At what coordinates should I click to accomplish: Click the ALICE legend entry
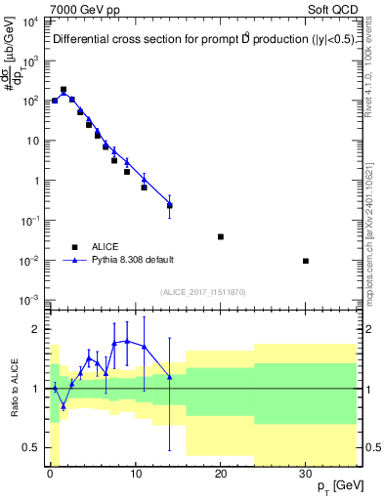tap(106, 246)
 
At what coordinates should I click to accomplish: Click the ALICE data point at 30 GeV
tap(306, 261)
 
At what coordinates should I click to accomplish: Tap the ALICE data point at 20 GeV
tap(221, 236)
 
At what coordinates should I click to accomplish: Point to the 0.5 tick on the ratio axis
tap(32, 447)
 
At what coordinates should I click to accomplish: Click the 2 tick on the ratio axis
tap(37, 329)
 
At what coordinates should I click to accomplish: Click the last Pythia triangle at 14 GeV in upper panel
tap(170, 204)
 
